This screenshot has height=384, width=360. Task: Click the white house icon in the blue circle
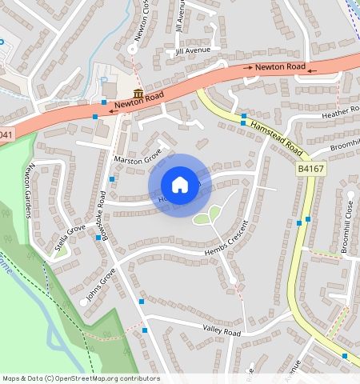coord(180,185)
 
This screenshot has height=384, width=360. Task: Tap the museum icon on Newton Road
coord(138,95)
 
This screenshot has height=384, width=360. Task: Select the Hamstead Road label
coord(278,138)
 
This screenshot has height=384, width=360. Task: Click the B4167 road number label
coord(312,169)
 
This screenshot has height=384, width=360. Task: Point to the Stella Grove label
coord(70,239)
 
